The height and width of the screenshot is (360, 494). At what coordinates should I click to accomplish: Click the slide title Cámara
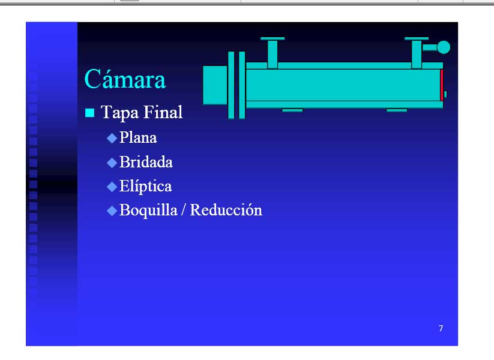(125, 79)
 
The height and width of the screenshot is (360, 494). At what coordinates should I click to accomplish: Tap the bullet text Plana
(138, 137)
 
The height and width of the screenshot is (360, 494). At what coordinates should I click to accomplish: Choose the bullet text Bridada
(146, 162)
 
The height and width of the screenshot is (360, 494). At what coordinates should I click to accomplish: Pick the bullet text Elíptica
(145, 186)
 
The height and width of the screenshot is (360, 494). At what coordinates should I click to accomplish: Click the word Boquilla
(148, 210)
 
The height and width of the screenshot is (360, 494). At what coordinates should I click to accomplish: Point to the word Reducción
(226, 210)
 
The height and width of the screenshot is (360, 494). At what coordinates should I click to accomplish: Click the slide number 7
(441, 329)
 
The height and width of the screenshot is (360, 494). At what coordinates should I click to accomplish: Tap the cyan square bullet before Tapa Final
(90, 113)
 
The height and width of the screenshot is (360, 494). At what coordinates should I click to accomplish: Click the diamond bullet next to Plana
(112, 138)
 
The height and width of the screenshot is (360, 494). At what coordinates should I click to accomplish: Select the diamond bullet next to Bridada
(112, 163)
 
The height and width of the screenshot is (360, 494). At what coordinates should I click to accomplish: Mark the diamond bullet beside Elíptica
(112, 187)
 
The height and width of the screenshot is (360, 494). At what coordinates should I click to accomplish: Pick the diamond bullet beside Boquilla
(112, 211)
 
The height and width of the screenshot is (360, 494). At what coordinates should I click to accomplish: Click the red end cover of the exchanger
(442, 85)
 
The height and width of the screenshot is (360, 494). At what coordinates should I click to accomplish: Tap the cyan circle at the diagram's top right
(444, 47)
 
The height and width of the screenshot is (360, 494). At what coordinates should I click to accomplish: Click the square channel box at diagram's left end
(215, 85)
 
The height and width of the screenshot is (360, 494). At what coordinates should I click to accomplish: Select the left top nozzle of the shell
(273, 52)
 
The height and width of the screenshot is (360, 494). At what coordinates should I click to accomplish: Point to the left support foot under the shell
(292, 110)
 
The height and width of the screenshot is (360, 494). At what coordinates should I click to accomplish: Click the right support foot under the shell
(397, 110)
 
